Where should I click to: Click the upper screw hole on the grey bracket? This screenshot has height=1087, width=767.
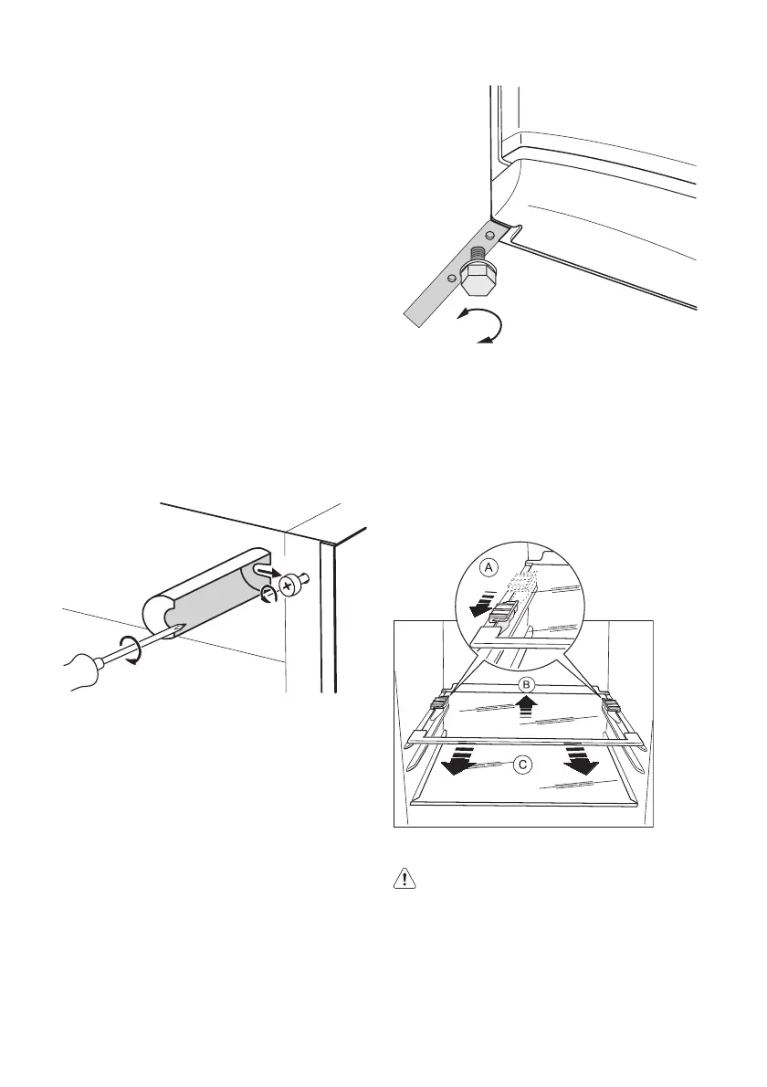tap(490, 237)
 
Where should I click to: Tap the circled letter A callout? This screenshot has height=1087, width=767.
tap(489, 568)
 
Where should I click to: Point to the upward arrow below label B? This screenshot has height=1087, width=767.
tap(524, 705)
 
